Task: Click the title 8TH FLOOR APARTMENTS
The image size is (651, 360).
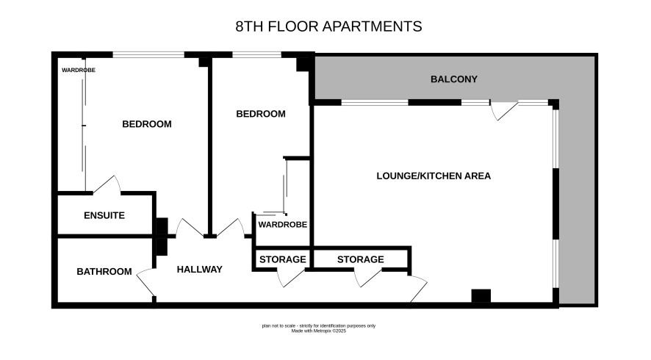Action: [328, 26]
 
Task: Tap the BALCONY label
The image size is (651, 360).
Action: [454, 79]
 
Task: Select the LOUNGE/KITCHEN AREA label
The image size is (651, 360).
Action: [434, 176]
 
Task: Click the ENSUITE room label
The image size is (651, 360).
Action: [104, 215]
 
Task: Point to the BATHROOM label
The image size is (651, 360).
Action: [104, 272]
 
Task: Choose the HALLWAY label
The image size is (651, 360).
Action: [200, 270]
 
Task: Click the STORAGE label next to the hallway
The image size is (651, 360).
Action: [283, 259]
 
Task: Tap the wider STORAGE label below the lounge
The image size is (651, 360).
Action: [360, 259]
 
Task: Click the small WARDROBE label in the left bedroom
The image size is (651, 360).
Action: [79, 71]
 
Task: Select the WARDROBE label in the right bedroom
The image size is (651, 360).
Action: [283, 225]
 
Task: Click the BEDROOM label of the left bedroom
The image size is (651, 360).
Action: [147, 124]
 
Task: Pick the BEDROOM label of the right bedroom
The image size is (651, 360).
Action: [261, 114]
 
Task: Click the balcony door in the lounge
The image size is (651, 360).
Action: [503, 109]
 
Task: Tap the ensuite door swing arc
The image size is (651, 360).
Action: [107, 184]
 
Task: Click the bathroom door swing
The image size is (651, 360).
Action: [145, 282]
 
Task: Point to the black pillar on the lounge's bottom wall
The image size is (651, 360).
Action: [481, 295]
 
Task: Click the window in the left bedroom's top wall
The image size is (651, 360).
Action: [148, 54]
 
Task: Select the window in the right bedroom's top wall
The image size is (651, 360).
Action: [256, 54]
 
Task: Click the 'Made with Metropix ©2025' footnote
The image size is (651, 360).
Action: [318, 331]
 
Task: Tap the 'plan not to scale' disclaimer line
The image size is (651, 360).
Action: [318, 326]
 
